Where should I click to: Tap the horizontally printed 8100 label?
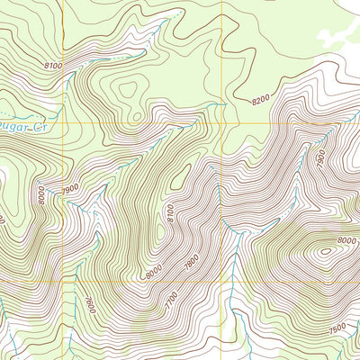[53, 67]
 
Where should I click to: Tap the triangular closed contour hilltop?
[129, 90]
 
